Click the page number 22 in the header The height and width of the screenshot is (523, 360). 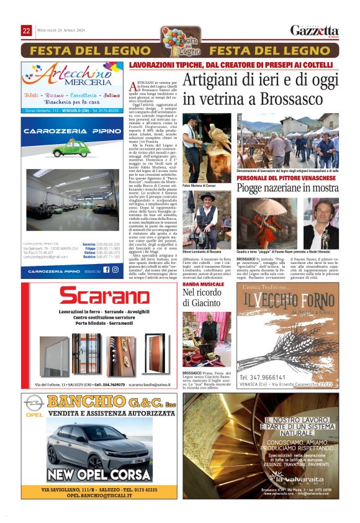point(27,30)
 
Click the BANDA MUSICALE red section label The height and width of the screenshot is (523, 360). point(204,284)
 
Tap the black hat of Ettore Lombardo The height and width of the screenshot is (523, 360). point(206,196)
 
